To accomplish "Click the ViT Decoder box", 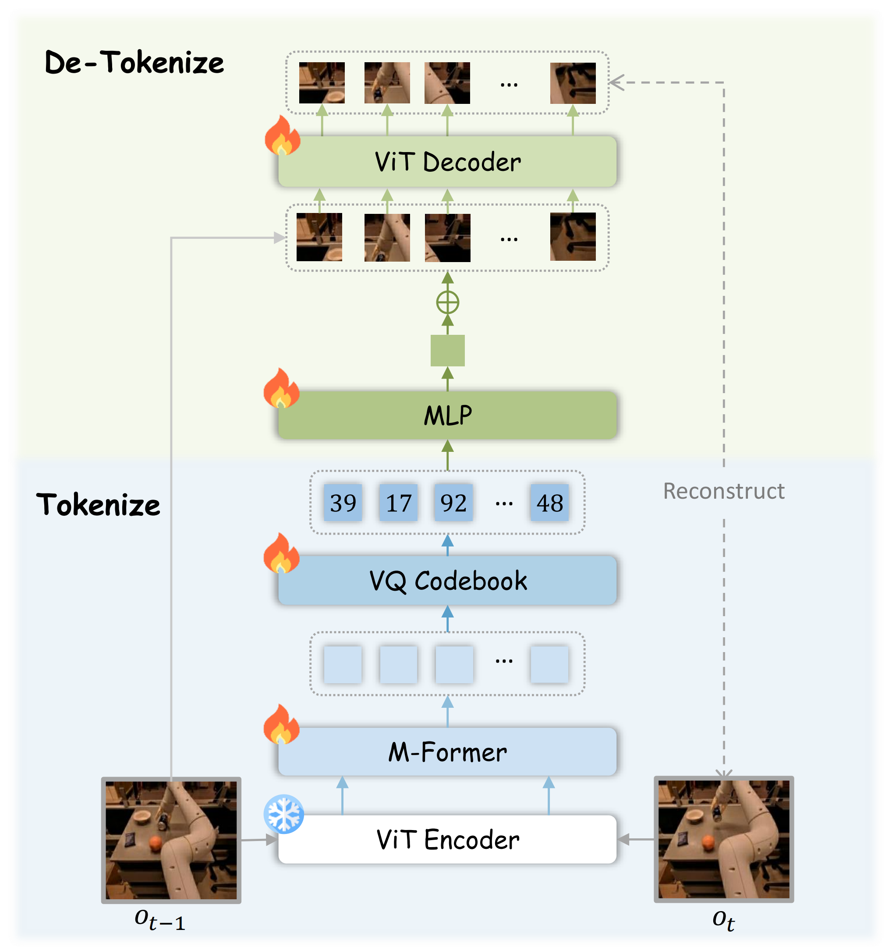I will click(x=447, y=162).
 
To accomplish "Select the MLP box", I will click(x=447, y=415).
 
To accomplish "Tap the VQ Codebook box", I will click(x=447, y=580).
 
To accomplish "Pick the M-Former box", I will click(x=447, y=752).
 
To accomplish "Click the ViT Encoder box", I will click(x=447, y=839).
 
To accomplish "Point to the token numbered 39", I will click(x=343, y=503).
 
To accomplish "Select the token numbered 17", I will click(x=398, y=503).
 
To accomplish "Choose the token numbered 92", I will click(x=453, y=503).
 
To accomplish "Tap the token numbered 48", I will click(x=549, y=503).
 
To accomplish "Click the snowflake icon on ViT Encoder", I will click(x=283, y=814).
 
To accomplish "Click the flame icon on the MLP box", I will click(x=281, y=388).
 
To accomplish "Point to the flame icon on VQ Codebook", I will click(x=281, y=554).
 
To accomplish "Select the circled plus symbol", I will click(x=448, y=302).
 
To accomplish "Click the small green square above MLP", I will click(x=447, y=351).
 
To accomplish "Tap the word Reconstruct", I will click(x=723, y=491).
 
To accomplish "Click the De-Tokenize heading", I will click(x=135, y=63).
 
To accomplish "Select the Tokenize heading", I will click(x=99, y=505).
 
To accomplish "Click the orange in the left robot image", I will click(x=156, y=843).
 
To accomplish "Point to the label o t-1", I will click(x=160, y=919).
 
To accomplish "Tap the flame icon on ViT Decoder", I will click(x=282, y=136).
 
